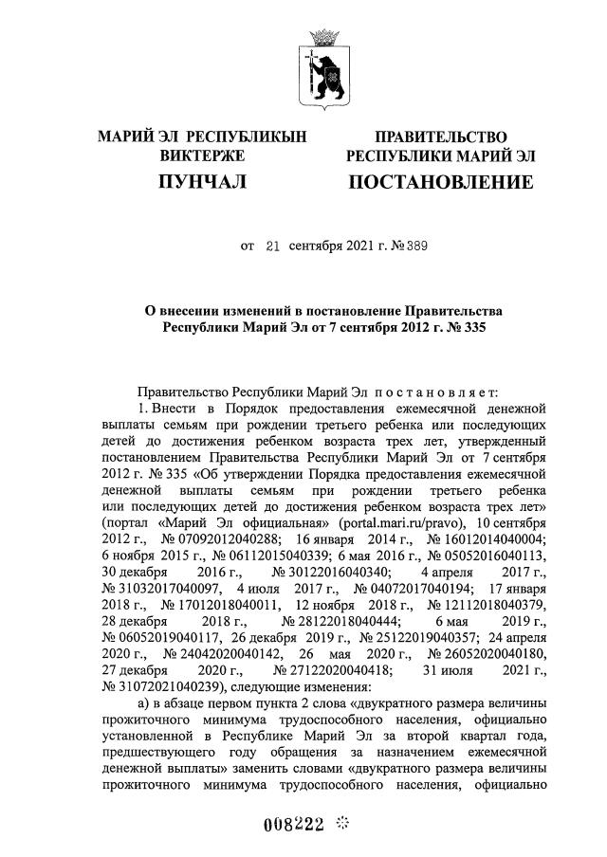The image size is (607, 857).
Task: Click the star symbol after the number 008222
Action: (x=344, y=822)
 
